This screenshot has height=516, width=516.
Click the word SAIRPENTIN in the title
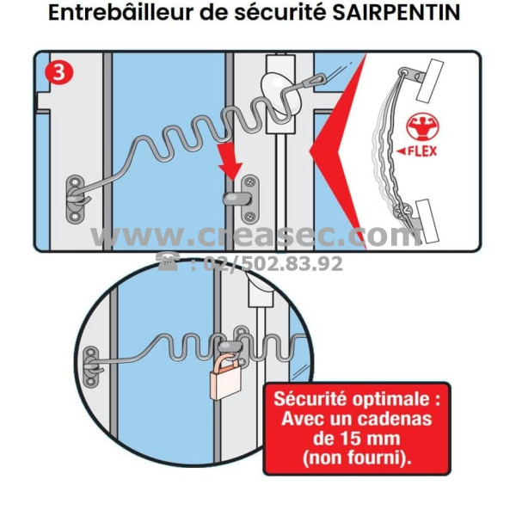pyautogui.click(x=396, y=13)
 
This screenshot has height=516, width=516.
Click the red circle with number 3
pyautogui.click(x=59, y=72)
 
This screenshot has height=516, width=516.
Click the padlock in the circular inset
pyautogui.click(x=225, y=375)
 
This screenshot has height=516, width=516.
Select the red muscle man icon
pyautogui.click(x=422, y=127)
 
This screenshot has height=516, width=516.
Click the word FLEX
pyautogui.click(x=422, y=151)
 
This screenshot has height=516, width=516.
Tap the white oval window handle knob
pyautogui.click(x=280, y=93)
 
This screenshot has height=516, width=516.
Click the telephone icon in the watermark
pyautogui.click(x=168, y=262)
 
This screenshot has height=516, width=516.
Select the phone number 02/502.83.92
pyautogui.click(x=273, y=263)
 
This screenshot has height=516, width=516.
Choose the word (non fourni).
pyautogui.click(x=357, y=458)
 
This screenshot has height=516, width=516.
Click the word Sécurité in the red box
pyautogui.click(x=310, y=399)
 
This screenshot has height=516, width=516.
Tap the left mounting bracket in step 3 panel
pyautogui.click(x=76, y=200)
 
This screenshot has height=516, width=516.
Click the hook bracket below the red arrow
pyautogui.click(x=243, y=199)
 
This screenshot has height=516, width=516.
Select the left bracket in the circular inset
pyautogui.click(x=91, y=366)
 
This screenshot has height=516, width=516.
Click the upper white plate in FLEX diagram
pyautogui.click(x=430, y=80)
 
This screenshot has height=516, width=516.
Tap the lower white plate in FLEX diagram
pyautogui.click(x=427, y=221)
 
